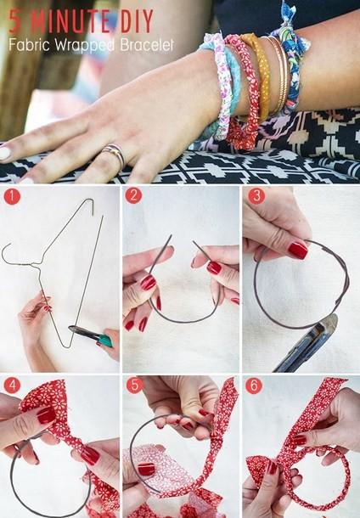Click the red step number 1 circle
(12, 196)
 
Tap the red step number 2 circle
(133, 195)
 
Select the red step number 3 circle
(256, 195)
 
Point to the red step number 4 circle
(12, 386)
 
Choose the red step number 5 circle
(134, 386)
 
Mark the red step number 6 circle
(254, 386)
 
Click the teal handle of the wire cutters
(104, 341)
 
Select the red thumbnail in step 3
(297, 251)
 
